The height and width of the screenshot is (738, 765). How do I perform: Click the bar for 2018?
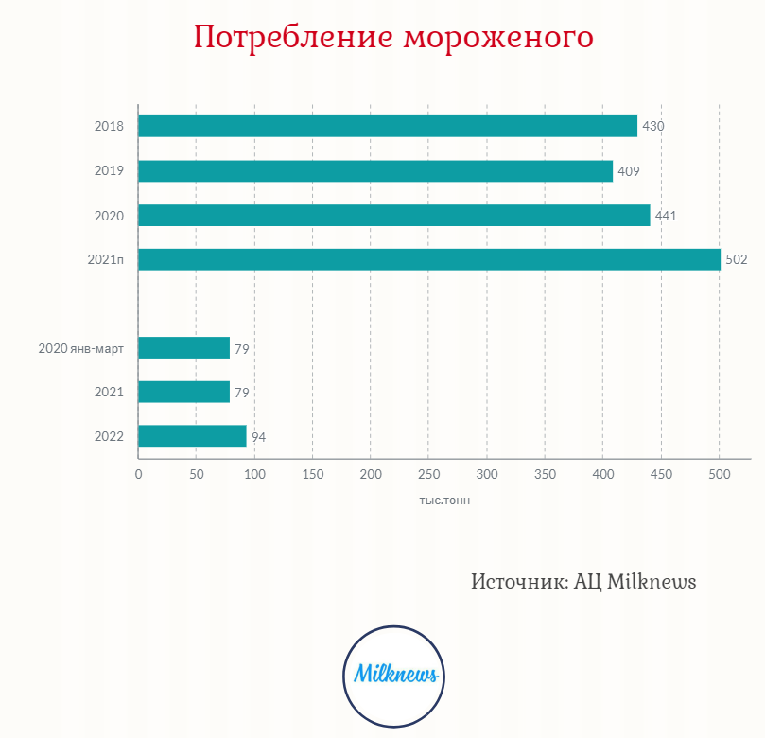click(388, 126)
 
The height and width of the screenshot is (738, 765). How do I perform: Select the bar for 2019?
click(375, 171)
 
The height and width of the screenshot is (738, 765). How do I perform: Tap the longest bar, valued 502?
click(429, 259)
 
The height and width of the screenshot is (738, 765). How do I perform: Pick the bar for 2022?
click(192, 436)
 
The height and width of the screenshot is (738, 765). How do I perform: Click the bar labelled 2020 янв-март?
click(184, 348)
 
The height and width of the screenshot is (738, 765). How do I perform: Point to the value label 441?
click(666, 216)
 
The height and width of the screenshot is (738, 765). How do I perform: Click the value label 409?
click(629, 171)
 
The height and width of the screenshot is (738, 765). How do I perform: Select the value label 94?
click(259, 437)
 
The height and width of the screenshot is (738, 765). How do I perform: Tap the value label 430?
click(653, 126)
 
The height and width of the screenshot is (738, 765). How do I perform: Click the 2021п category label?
click(106, 260)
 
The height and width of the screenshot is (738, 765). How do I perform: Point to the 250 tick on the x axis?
click(429, 474)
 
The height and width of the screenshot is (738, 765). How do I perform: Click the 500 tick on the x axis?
click(719, 474)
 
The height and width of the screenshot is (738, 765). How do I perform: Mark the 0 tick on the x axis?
click(139, 474)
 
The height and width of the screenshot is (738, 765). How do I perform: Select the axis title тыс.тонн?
click(444, 501)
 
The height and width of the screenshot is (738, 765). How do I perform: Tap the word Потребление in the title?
click(293, 38)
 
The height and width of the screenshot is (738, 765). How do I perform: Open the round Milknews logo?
click(393, 675)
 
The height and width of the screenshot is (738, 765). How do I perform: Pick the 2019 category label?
click(110, 171)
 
